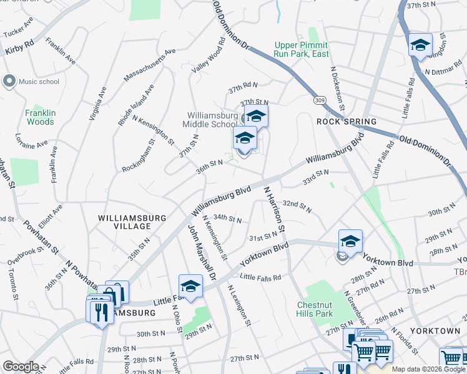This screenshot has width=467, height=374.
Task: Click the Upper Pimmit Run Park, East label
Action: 302,49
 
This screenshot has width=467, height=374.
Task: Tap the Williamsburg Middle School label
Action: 213,119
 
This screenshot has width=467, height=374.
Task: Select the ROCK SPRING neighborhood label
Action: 347,122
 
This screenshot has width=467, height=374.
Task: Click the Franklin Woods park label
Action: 40,118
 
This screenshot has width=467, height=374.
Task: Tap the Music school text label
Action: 39,82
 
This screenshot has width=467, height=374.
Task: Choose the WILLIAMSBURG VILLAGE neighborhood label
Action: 132,223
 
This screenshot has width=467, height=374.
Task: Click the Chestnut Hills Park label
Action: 315,310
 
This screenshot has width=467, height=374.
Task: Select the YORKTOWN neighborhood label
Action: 436,330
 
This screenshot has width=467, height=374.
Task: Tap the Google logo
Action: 21,367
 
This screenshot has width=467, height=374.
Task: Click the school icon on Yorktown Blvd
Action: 350,241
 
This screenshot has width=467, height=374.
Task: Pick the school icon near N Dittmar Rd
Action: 420,45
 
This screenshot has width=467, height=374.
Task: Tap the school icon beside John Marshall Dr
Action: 190,286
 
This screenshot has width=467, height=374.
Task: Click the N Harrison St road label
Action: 275,210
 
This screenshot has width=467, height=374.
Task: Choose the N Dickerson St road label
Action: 338,87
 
